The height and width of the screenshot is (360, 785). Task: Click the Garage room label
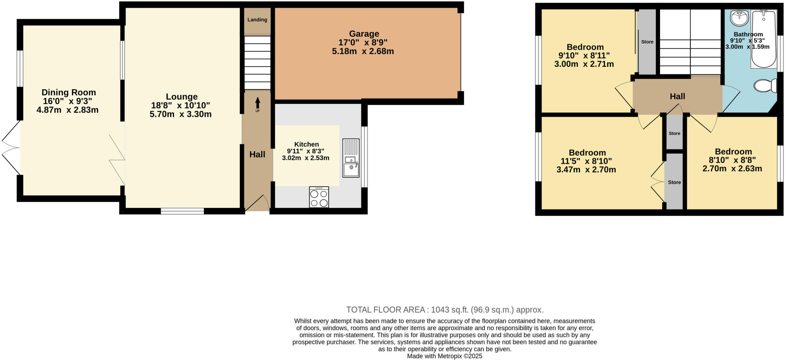(x=364, y=34)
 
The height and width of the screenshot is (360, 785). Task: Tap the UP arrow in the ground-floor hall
(x=258, y=104)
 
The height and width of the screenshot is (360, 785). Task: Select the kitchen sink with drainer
(x=351, y=158)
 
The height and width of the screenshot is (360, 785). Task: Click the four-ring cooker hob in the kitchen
(x=319, y=197)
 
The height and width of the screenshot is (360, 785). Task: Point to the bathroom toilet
(x=765, y=86)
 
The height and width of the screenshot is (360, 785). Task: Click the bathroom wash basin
(x=739, y=17)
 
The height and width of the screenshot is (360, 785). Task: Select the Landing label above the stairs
(x=257, y=20)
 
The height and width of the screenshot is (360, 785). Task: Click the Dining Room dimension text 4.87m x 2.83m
(x=67, y=110)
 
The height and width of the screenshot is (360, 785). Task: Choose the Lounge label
(x=182, y=97)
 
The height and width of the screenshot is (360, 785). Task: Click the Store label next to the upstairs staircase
(x=647, y=42)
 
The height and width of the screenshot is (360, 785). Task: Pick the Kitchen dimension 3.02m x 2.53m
(x=305, y=158)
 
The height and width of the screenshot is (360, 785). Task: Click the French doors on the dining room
(x=11, y=148)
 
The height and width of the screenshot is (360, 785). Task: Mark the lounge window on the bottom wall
(x=182, y=211)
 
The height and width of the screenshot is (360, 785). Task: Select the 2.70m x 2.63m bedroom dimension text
(x=732, y=169)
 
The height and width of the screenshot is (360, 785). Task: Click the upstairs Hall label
(x=677, y=97)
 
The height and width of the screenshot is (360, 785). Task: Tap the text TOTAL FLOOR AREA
(x=385, y=310)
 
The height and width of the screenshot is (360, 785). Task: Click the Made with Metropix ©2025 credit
(x=444, y=356)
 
